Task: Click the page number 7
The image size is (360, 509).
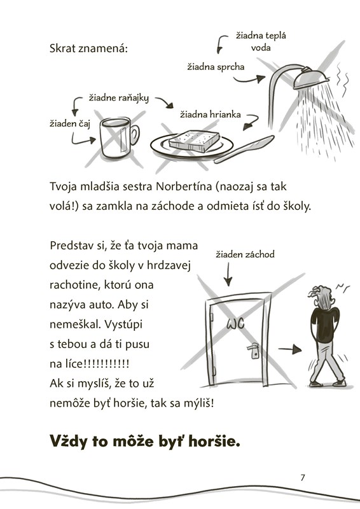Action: coord(303,478)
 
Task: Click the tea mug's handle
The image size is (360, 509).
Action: coord(134,135)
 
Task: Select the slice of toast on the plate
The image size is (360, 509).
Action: coord(194,141)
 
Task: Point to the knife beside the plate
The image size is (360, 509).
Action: coord(244,149)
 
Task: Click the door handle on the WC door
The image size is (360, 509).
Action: coord(254,351)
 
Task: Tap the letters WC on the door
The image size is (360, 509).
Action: coord(235,323)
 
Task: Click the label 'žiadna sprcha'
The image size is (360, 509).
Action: coord(216,67)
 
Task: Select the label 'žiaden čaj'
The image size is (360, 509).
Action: coord(69,123)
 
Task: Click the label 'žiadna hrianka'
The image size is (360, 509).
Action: coord(211,115)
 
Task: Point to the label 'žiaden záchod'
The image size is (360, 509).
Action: coord(245,254)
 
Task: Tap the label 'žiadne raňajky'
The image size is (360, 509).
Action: coord(119,98)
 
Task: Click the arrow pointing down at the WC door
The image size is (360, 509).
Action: coord(228,274)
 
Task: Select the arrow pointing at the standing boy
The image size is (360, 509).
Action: coord(290,349)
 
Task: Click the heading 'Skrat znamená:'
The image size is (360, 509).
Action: coord(88,49)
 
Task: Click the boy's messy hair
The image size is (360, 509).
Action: coord(321,296)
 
